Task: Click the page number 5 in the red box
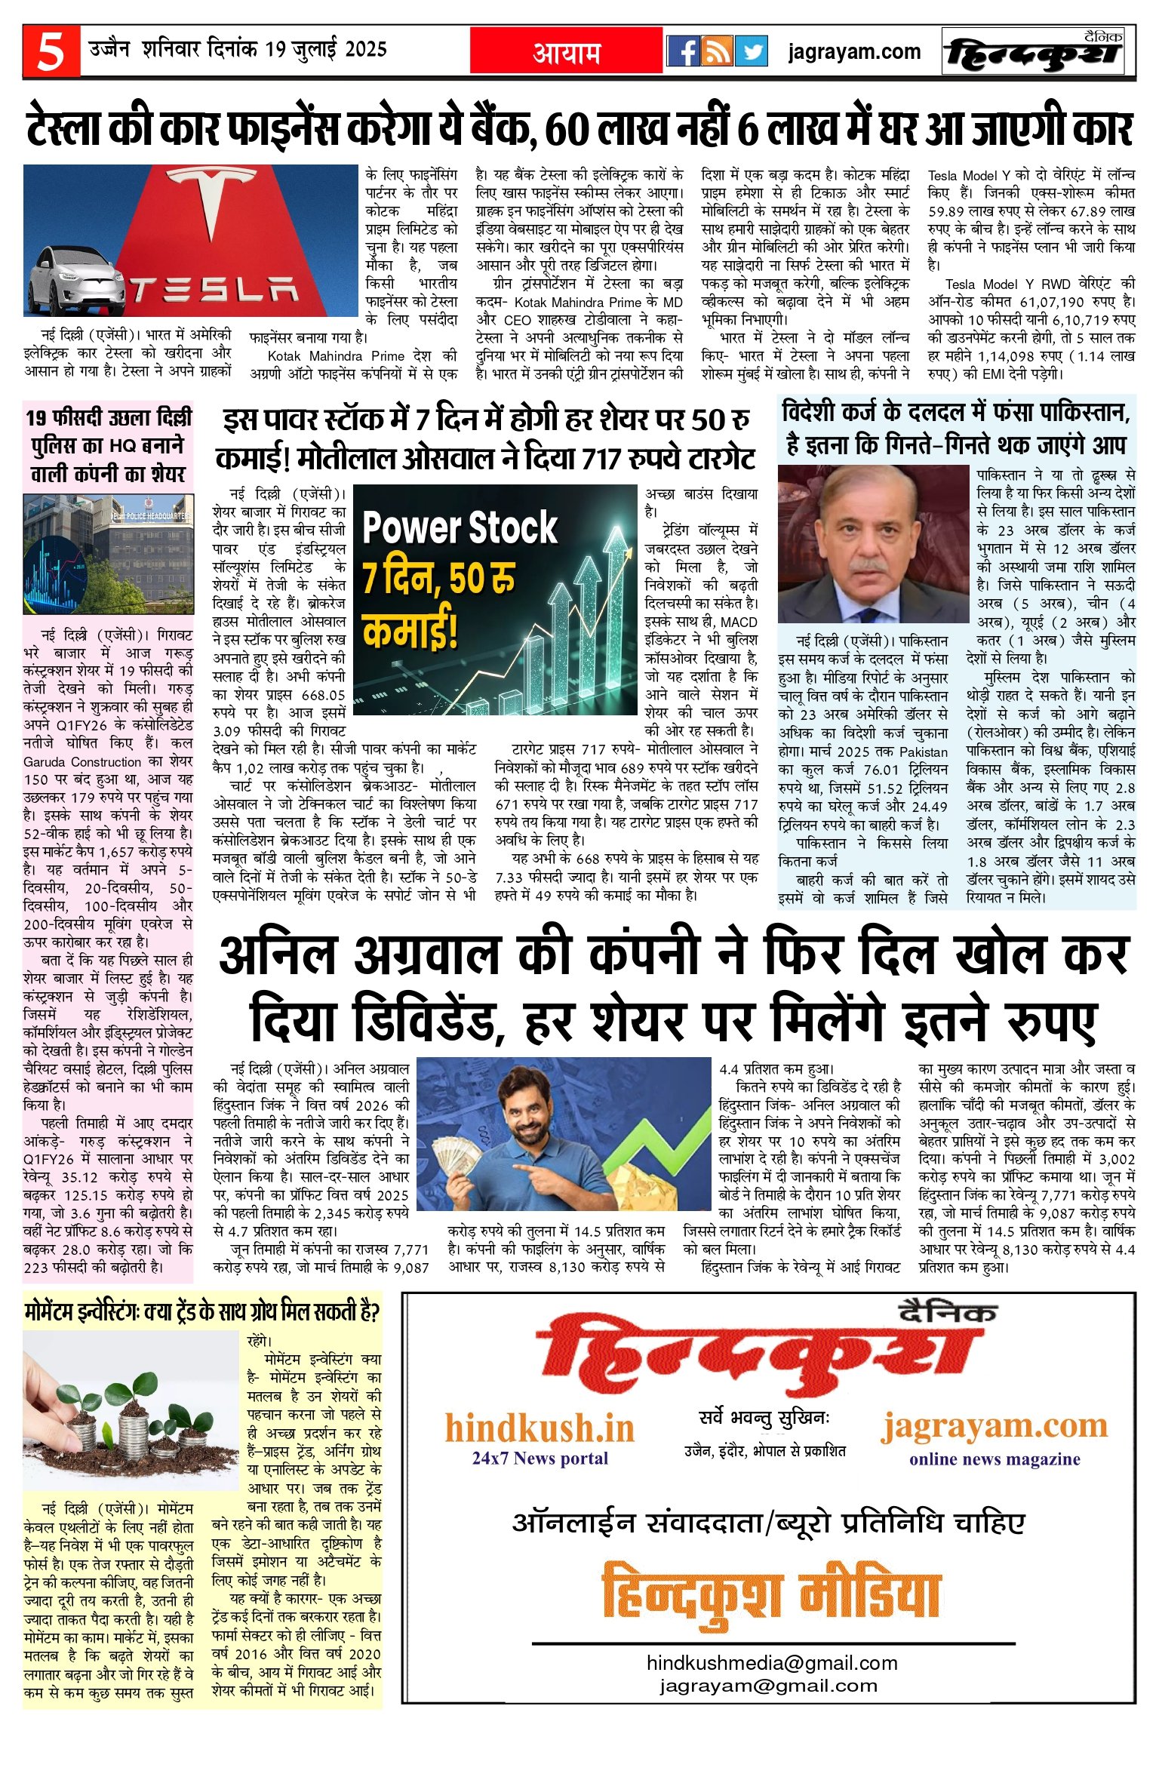51,51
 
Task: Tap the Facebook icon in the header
684,51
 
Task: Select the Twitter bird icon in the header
751,51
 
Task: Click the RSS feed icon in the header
717,51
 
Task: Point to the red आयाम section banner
566,51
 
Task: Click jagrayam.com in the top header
853,51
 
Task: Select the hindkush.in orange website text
540,1428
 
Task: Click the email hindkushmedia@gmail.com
772,1662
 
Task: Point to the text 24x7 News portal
540,1458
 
